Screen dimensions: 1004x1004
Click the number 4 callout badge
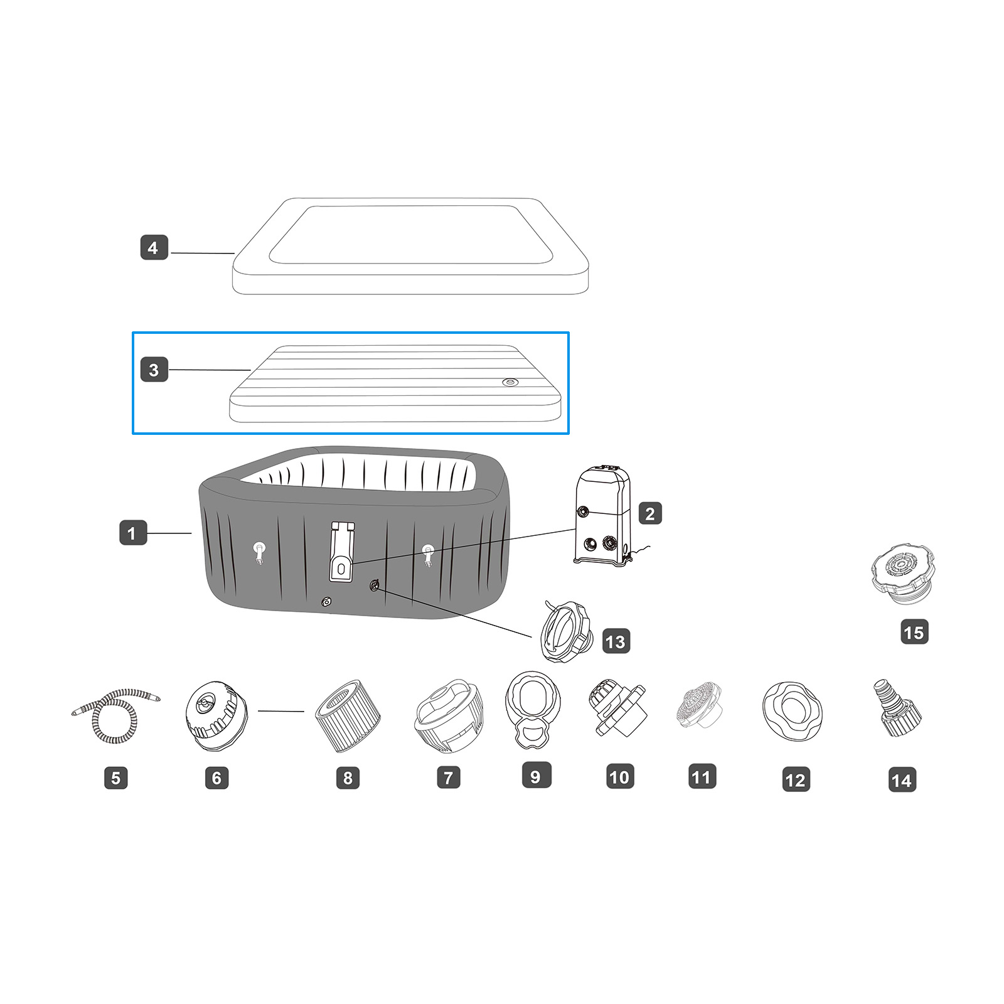coord(154,248)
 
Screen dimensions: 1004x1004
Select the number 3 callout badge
coord(154,370)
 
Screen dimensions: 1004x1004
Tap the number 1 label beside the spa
coord(132,533)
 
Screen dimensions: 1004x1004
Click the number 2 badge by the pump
coord(650,513)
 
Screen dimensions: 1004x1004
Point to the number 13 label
coord(616,641)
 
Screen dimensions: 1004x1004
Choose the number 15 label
coord(914,632)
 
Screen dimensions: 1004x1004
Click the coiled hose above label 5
coord(115,716)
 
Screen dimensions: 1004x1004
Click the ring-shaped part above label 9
coord(533,710)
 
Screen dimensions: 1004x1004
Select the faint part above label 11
coord(700,708)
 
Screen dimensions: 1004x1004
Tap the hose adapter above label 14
coord(897,708)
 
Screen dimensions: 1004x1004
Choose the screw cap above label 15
coord(902,574)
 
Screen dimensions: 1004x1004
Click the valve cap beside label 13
coord(565,632)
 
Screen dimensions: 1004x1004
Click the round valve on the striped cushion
coord(511,382)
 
